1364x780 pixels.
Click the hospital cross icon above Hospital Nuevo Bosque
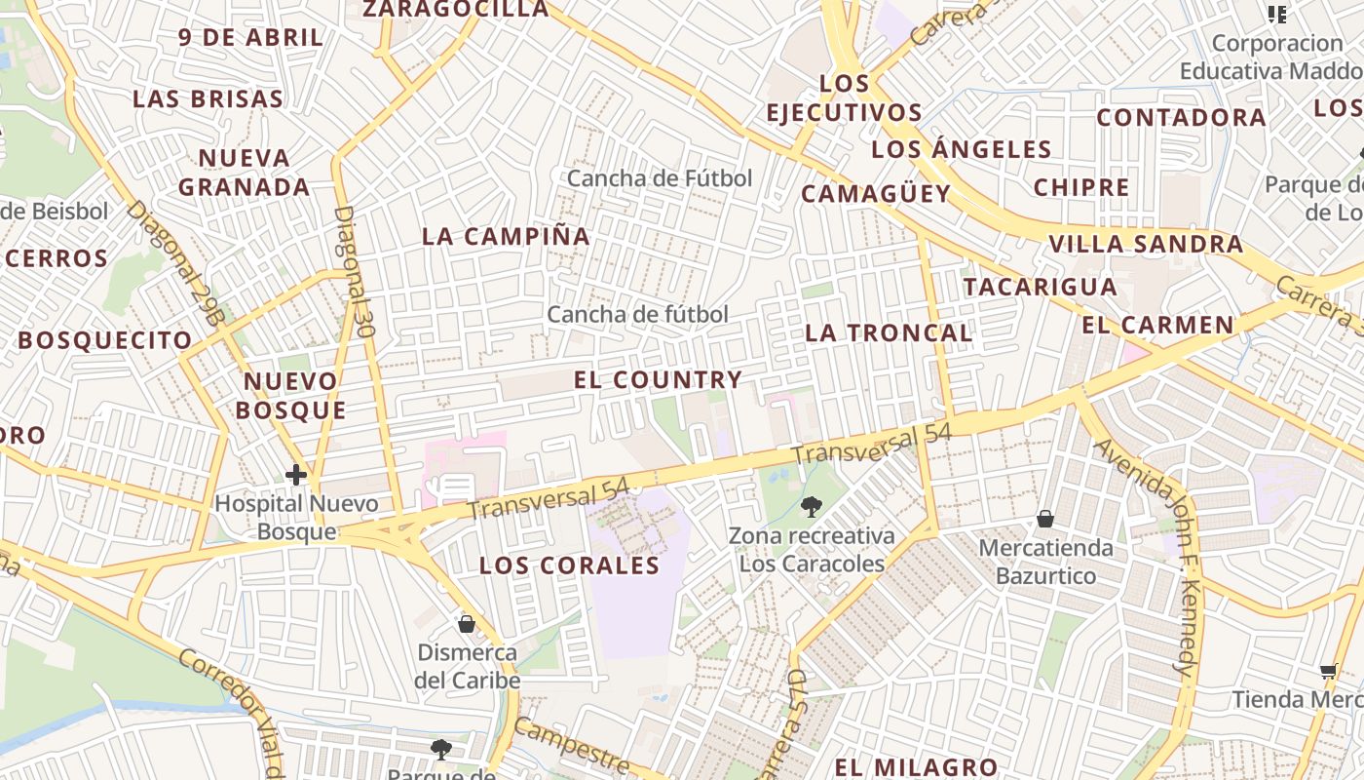296,475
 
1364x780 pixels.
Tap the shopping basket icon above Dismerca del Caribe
467,623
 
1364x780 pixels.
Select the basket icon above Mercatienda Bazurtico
1045,518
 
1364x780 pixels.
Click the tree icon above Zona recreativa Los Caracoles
811,507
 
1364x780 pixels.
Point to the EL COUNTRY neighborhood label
659,380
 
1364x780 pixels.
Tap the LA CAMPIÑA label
506,236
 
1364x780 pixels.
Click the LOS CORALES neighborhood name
570,565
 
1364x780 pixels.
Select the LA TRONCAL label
889,332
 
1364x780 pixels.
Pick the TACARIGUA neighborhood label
1040,287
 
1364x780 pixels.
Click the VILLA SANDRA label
1146,244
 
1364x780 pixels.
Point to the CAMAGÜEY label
875,193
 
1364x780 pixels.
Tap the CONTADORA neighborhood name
1181,118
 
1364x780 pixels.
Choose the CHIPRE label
1081,187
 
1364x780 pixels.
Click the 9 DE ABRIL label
250,38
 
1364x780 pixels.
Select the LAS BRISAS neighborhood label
208,99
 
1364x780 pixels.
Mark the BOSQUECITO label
105,340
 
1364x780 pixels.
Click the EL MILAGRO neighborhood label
916,767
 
